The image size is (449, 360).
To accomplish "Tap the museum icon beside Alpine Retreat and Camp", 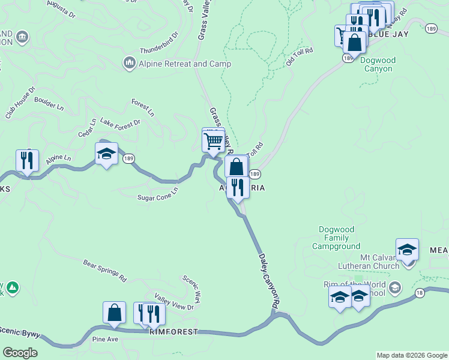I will (129, 62).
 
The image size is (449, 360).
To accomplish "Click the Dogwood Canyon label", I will (378, 64).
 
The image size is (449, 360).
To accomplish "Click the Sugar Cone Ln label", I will (158, 194).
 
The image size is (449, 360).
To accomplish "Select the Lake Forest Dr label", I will (120, 122).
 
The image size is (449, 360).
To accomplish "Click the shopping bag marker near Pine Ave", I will (114, 313).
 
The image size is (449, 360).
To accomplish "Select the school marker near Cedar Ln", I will (107, 154).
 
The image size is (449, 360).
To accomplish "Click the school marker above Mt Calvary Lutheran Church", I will (407, 249).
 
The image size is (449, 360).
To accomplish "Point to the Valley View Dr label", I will (174, 301).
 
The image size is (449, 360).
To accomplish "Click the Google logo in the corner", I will (20, 353).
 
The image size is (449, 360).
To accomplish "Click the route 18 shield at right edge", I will (419, 292).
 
